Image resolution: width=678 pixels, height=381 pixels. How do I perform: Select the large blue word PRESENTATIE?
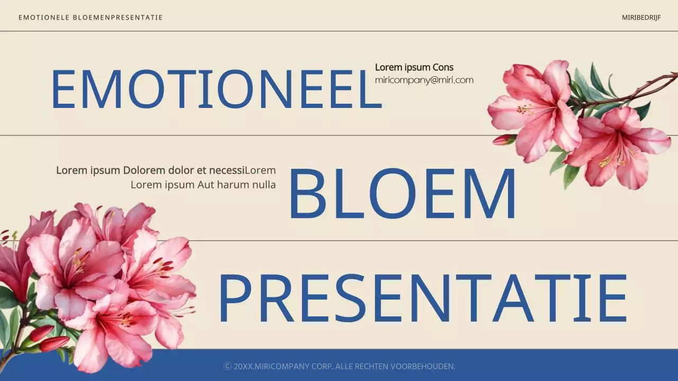pos(422,299)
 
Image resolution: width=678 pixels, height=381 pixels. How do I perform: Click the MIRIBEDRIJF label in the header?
pos(641,17)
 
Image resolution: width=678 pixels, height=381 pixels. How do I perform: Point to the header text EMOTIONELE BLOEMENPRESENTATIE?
pos(91,17)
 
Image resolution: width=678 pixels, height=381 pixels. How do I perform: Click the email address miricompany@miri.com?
pos(424,80)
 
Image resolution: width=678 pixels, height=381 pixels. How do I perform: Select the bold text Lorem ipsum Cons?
pos(414,67)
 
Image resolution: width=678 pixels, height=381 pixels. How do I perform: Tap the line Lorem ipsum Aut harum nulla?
pos(203,185)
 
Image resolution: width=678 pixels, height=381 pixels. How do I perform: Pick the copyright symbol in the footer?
pos(228,366)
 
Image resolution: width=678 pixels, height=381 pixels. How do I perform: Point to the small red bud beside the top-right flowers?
pos(503,140)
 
